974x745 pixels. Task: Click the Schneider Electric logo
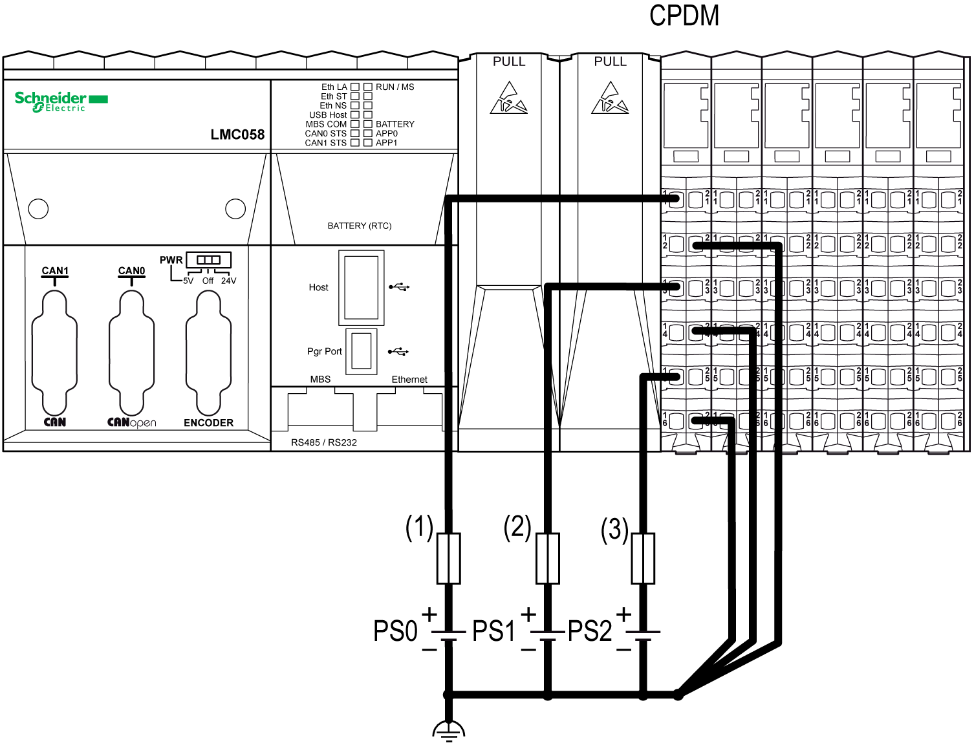[x=61, y=101]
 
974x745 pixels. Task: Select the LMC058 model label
[x=237, y=135]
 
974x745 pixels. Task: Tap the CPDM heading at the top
[x=684, y=16]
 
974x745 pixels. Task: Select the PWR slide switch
[x=208, y=260]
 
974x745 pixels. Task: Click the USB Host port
[x=361, y=288]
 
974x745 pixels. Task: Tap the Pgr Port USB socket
[x=362, y=351]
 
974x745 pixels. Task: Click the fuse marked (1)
[x=449, y=558]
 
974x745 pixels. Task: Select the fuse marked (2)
[x=548, y=558]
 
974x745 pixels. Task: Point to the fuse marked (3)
[x=643, y=558]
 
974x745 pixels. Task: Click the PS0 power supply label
[x=395, y=631]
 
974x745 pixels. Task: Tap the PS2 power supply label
[x=589, y=631]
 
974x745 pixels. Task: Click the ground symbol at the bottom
[x=448, y=730]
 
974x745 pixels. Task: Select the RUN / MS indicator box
[x=368, y=87]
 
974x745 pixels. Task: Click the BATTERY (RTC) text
[x=360, y=226]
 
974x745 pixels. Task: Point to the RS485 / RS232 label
[x=323, y=442]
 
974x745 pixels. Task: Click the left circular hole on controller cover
[x=39, y=208]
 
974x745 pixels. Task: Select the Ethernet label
[x=409, y=380]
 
